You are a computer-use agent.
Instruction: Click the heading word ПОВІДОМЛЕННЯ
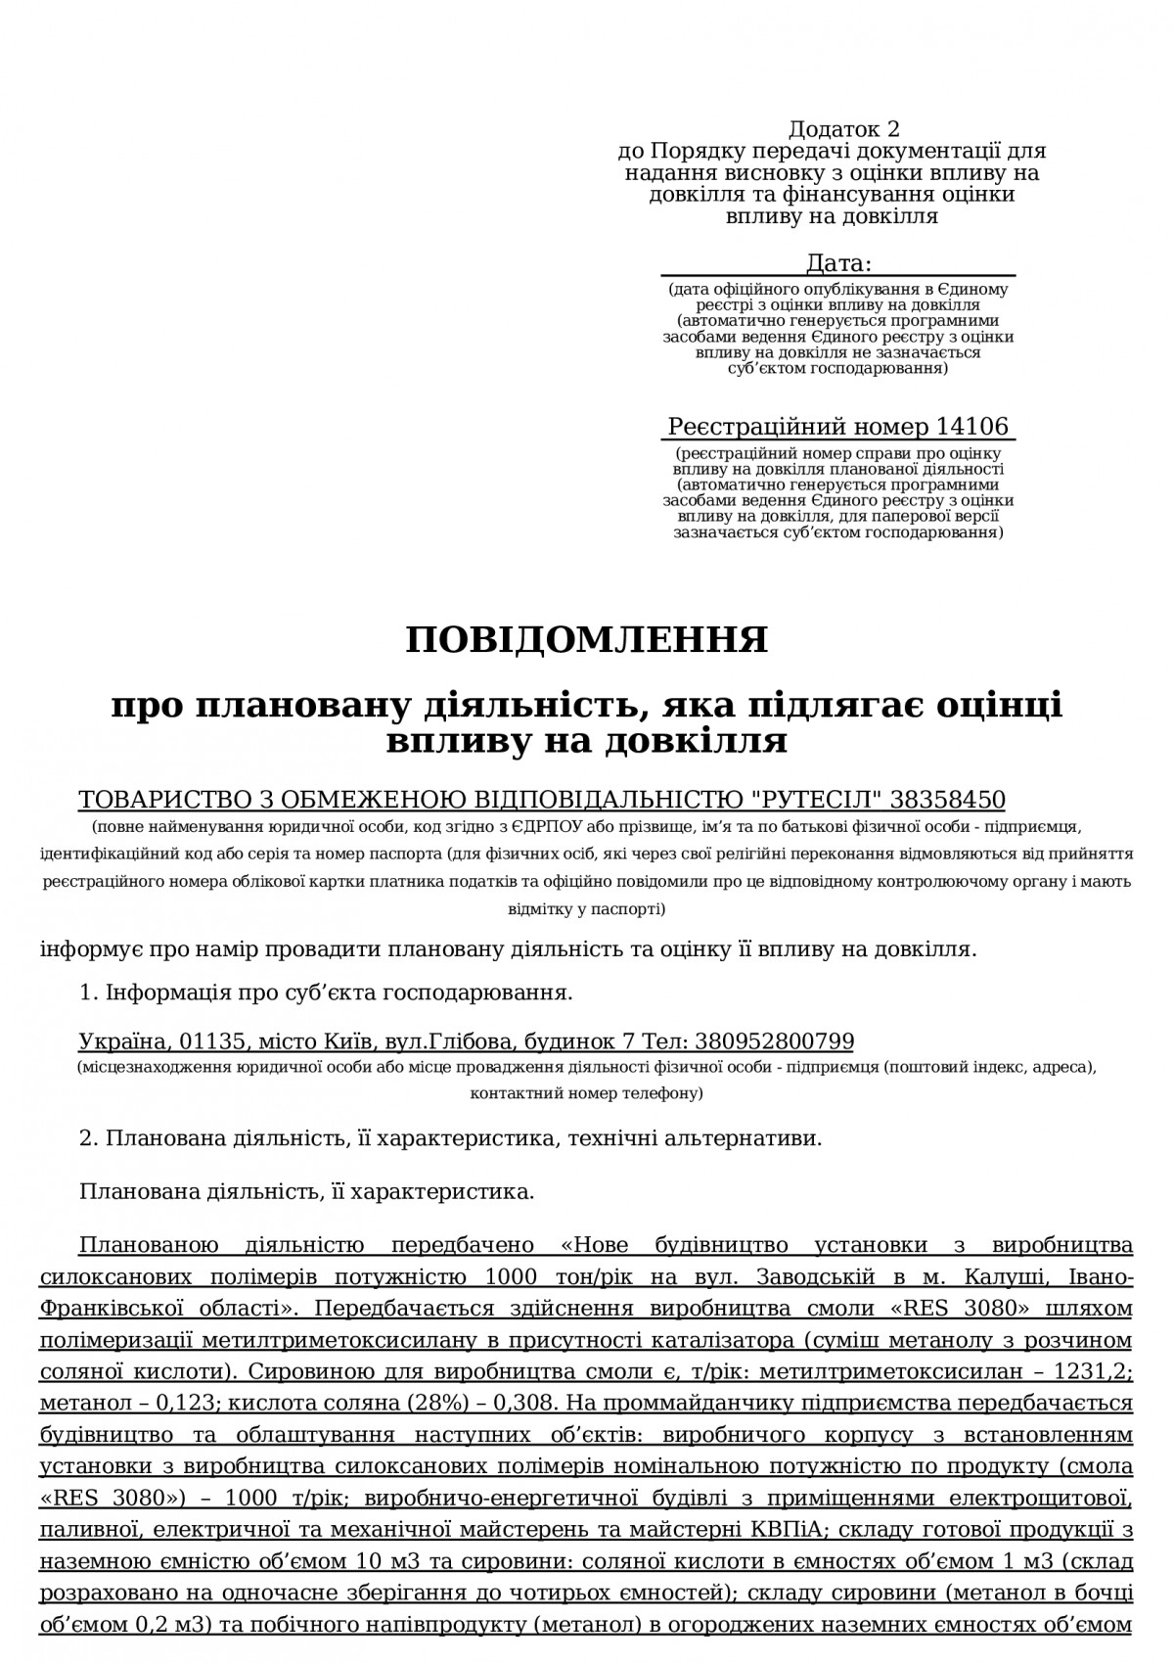tap(587, 640)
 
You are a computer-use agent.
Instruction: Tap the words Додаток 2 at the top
tap(843, 129)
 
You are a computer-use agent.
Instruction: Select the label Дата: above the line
tap(837, 263)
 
